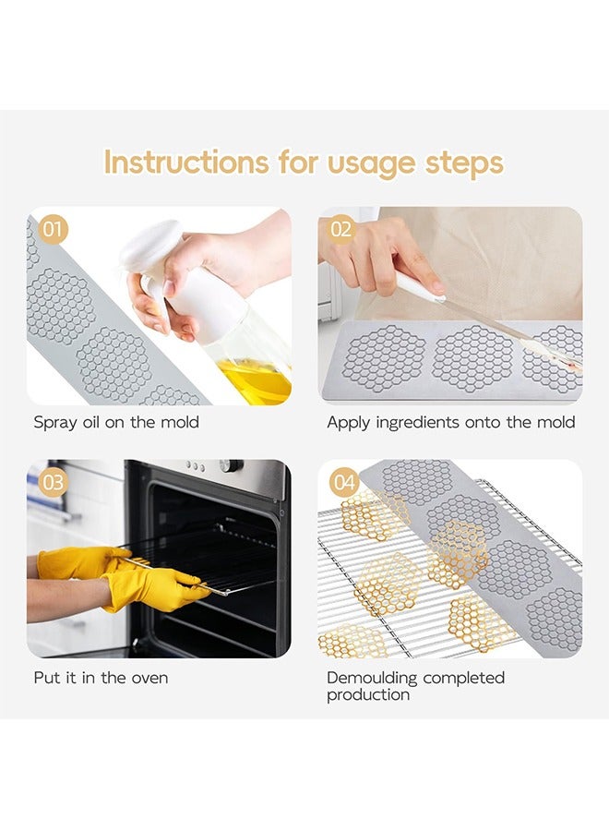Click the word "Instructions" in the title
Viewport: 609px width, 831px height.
coord(185,162)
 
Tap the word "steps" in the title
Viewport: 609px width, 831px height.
coord(464,163)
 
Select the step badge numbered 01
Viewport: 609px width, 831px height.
coord(53,230)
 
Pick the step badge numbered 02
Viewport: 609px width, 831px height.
coord(341,229)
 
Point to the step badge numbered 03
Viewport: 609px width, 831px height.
coord(53,483)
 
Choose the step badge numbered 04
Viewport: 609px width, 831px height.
coord(343,483)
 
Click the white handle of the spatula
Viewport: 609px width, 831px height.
coord(418,287)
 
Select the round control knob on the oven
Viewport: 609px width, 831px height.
coord(231,465)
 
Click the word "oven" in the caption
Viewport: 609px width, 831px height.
coord(149,679)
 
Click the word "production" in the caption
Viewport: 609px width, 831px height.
coord(368,695)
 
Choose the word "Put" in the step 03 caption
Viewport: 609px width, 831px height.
coord(47,678)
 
